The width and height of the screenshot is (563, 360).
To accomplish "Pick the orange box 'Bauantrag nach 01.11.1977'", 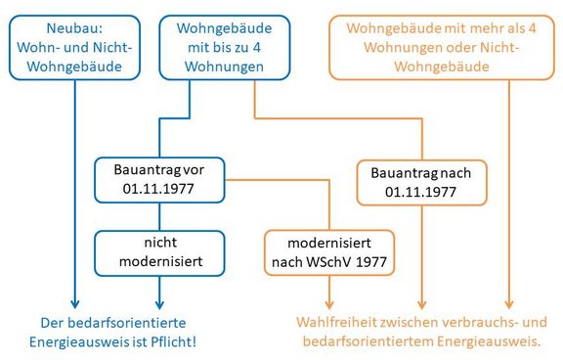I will (x=421, y=182).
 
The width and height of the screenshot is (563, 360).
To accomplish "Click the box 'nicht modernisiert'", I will (x=159, y=251).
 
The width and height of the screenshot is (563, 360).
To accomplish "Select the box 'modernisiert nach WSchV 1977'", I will (x=328, y=251).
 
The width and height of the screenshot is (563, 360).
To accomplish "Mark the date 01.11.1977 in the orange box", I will (x=421, y=192).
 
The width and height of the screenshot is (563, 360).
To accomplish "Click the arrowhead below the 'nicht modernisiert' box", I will (x=159, y=302).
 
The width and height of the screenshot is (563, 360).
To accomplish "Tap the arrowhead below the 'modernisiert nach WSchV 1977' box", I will (x=328, y=302).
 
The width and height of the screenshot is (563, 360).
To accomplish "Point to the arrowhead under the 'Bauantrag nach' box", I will (x=421, y=302).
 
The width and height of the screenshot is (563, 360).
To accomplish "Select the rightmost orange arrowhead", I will (x=509, y=302).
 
